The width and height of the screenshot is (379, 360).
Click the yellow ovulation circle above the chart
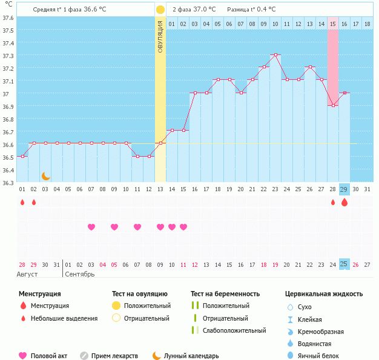(160, 10)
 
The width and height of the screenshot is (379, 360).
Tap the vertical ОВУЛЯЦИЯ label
(160, 37)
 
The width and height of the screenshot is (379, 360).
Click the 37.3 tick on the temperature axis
(8, 55)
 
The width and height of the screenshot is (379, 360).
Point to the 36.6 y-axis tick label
(8, 145)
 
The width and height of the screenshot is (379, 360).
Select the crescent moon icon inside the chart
(45, 176)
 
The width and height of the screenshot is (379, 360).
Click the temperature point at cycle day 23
(275, 55)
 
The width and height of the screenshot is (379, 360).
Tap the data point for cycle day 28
(332, 105)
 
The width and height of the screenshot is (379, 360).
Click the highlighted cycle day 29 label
(344, 189)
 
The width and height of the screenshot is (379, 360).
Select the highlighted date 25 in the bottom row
(344, 264)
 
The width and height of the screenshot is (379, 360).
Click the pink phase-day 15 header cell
(333, 24)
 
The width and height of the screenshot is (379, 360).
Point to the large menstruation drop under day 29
(344, 203)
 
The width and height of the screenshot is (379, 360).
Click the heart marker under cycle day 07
(91, 227)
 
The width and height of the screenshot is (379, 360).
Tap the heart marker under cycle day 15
(183, 227)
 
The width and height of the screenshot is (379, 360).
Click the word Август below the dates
(28, 274)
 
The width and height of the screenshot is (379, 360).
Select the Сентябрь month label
(79, 274)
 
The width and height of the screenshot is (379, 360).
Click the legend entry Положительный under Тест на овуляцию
(147, 306)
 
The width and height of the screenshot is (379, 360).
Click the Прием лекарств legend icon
(84, 356)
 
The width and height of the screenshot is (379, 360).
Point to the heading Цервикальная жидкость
(324, 293)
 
